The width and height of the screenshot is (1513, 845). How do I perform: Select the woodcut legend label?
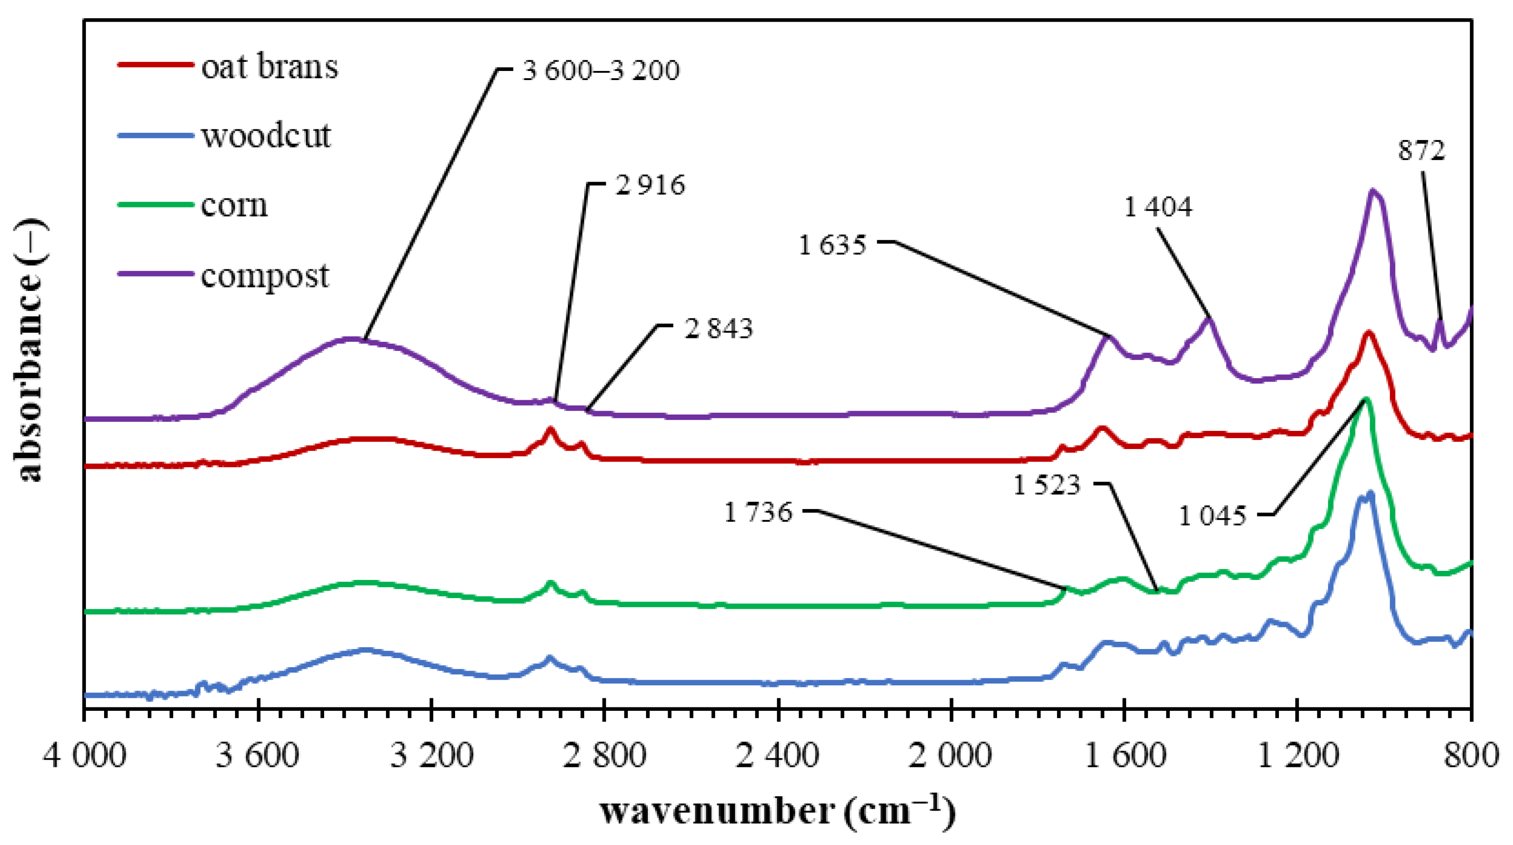pyautogui.click(x=266, y=136)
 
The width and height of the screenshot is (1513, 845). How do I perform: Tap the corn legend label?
pyautogui.click(x=234, y=205)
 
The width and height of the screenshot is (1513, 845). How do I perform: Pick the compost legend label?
pyautogui.click(x=265, y=276)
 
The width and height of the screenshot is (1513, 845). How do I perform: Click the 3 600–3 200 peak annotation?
pyautogui.click(x=600, y=70)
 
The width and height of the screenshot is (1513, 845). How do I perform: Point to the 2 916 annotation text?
pyautogui.click(x=650, y=185)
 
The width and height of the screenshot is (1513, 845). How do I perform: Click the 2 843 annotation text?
pyautogui.click(x=718, y=328)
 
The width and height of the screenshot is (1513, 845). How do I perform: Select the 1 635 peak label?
pyautogui.click(x=832, y=245)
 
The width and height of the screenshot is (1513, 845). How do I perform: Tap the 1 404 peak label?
pyautogui.click(x=1158, y=207)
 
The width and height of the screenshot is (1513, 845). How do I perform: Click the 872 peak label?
pyautogui.click(x=1421, y=151)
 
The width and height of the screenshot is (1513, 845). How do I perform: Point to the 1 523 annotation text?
pyautogui.click(x=1047, y=485)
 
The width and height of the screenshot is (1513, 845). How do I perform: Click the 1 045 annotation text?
pyautogui.click(x=1212, y=516)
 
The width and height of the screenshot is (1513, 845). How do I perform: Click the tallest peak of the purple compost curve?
pyautogui.click(x=1372, y=191)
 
